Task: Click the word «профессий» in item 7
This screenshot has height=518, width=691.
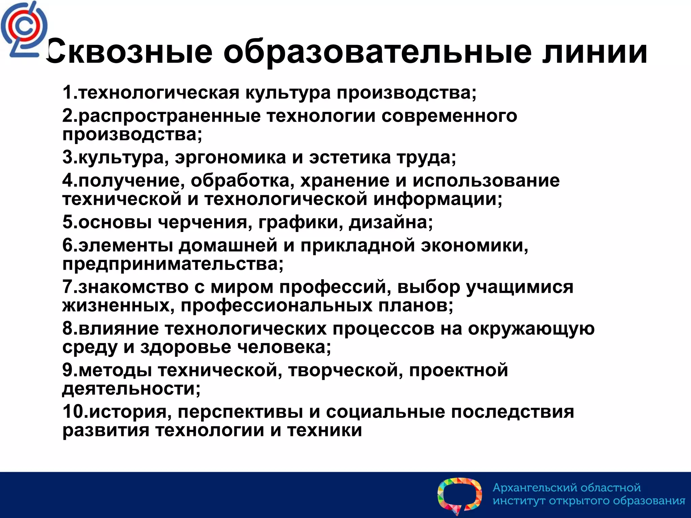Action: (x=333, y=287)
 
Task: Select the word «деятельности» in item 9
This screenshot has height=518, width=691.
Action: (x=129, y=389)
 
